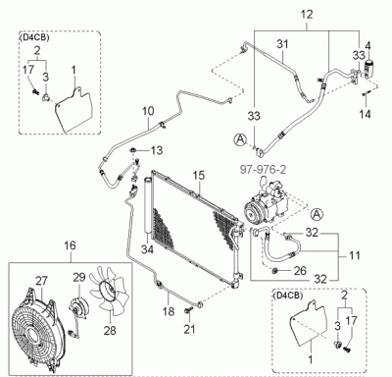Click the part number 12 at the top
[307, 15]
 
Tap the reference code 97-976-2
[263, 170]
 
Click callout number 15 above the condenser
[198, 175]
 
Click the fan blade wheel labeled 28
[110, 294]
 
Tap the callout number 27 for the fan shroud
[41, 282]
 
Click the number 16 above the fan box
[70, 245]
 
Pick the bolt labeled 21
[188, 311]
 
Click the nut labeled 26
[275, 271]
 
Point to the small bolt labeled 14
[365, 94]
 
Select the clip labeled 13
[133, 150]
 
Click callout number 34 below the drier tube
[147, 250]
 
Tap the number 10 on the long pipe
[148, 111]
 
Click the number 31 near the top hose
[283, 43]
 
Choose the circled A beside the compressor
[316, 214]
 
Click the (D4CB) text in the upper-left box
[34, 37]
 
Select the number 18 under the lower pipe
[169, 311]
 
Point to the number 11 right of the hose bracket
[354, 255]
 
